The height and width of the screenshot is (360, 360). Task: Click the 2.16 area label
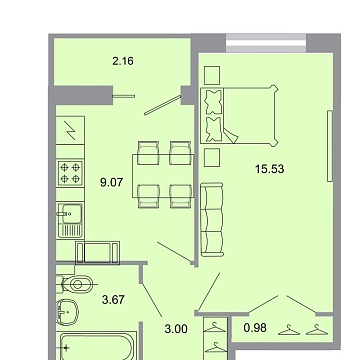click(122, 61)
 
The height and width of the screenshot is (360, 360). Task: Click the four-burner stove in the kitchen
click(70, 173)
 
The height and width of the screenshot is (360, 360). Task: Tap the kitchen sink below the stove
click(70, 213)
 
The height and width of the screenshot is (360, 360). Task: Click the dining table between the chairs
click(164, 172)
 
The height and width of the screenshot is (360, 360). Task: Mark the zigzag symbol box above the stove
click(70, 130)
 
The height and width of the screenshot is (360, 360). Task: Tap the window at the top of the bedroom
click(265, 41)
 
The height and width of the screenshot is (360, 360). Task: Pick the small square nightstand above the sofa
click(210, 158)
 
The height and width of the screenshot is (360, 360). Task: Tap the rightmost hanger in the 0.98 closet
click(317, 329)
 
